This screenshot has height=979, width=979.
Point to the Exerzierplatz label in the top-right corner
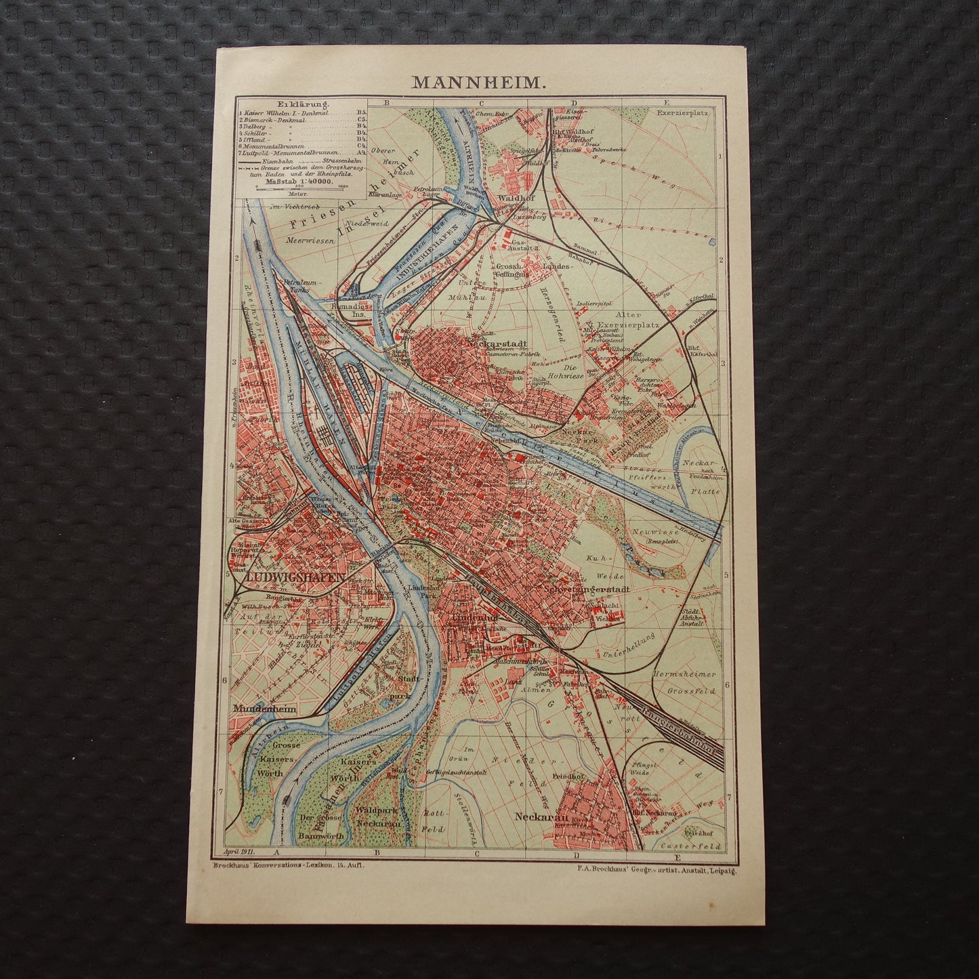click(686, 113)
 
